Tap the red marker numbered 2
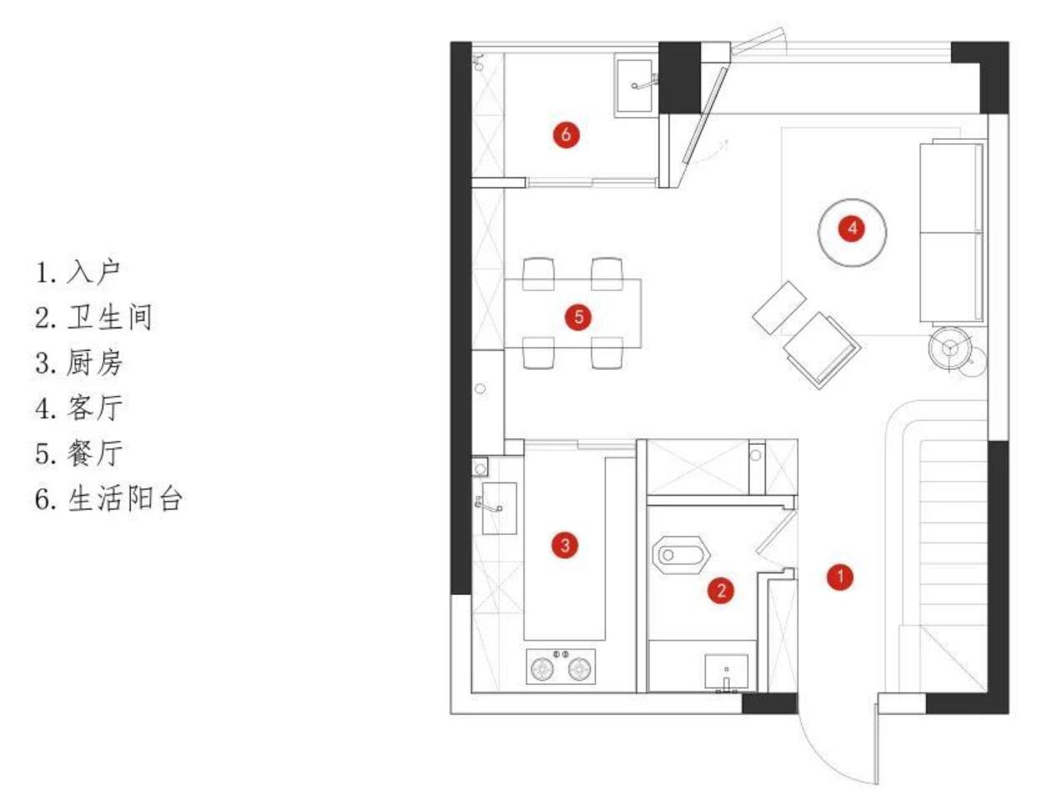pos(721,591)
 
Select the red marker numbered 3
pos(565,546)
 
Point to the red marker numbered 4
pos(851,227)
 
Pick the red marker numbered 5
pos(578,317)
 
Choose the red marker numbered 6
pos(565,135)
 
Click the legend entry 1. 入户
pos(79,272)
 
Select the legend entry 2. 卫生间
pos(93,317)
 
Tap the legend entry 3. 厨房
pos(79,363)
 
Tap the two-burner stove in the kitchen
pos(561,668)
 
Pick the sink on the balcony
pos(638,84)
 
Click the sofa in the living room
pos(953,232)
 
